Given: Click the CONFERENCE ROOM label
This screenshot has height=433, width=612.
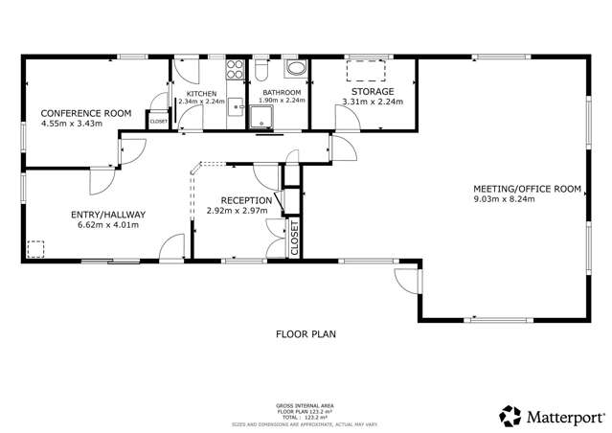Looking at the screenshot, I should (x=85, y=113).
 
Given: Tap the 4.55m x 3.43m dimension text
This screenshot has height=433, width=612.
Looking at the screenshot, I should (x=71, y=124).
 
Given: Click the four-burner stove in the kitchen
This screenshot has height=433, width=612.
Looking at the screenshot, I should (x=234, y=69).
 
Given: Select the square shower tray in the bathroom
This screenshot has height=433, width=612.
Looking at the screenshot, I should (x=260, y=118).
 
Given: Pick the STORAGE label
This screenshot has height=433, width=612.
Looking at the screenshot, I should (x=366, y=92).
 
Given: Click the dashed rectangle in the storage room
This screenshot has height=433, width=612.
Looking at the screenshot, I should (x=365, y=71).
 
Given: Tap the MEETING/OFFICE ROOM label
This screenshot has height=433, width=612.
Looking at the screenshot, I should (x=528, y=189).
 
